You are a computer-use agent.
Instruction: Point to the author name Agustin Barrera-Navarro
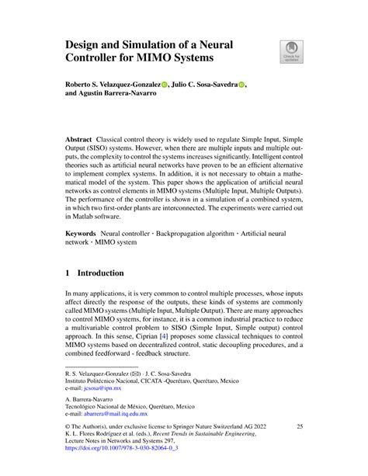[123, 98]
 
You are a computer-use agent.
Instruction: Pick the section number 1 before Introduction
[68, 273]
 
